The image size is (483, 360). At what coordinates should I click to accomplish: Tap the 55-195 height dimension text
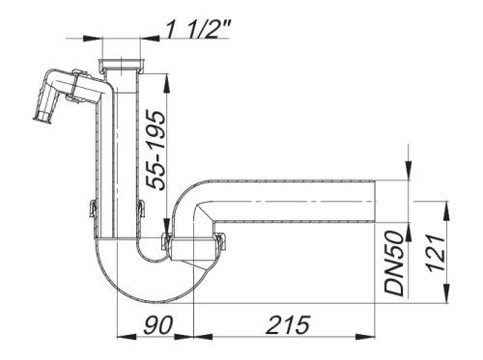[x=156, y=151]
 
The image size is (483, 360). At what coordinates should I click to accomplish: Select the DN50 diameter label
[x=394, y=263]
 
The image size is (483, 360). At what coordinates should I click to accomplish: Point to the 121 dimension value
[x=436, y=253]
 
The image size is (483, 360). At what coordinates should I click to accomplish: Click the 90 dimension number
[x=158, y=324]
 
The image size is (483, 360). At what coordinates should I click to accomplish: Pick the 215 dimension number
[x=288, y=324]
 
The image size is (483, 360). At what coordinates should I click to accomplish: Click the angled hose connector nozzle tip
[x=43, y=117]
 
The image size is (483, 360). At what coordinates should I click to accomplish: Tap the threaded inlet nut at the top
[x=121, y=64]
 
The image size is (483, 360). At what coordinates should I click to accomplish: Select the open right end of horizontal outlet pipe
[x=376, y=202]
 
